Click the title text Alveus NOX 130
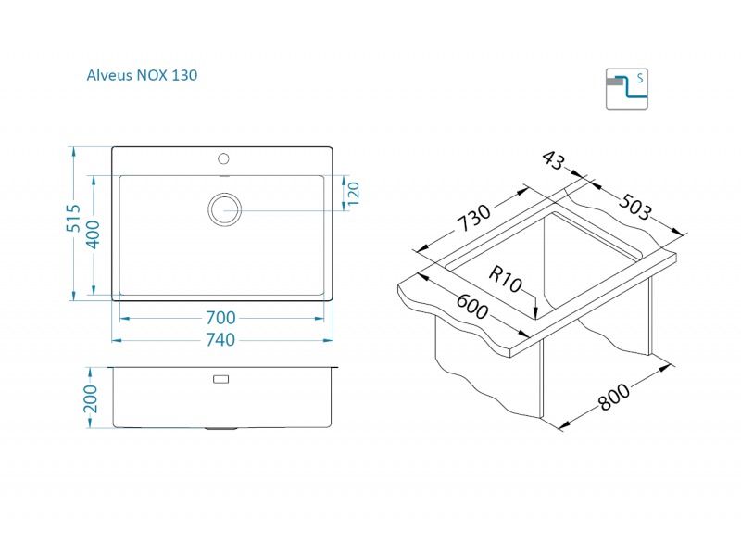[142, 75]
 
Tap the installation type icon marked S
[627, 89]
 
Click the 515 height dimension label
[74, 218]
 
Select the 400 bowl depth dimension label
[94, 234]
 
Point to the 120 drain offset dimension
[354, 194]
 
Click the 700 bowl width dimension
[220, 318]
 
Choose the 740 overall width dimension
[220, 339]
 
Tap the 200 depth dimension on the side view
[90, 398]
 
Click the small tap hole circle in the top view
[223, 158]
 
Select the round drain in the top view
[224, 209]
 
